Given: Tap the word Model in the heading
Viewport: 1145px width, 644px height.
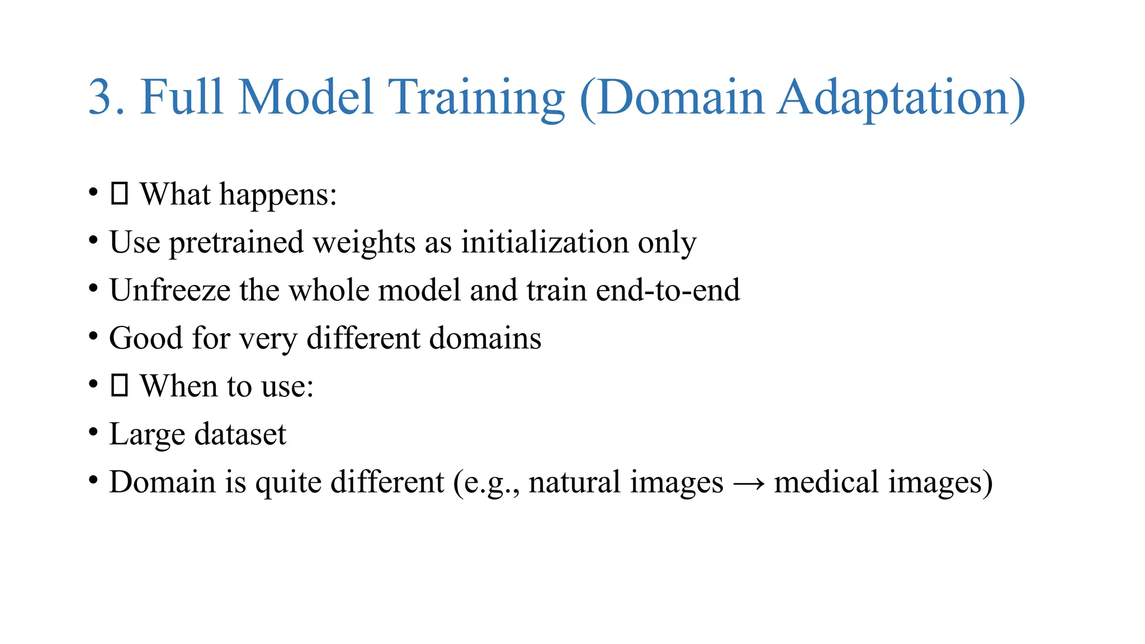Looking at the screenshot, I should pos(305,98).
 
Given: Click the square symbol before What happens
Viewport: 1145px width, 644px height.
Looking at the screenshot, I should pos(120,194).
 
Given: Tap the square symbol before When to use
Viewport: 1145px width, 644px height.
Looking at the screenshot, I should pos(120,386).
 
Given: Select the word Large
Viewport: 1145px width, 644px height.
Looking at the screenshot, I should pos(147,435).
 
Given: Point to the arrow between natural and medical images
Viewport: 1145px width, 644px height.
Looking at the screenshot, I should pos(748,483).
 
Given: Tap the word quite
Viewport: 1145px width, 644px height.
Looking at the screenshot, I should pos(288,483).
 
